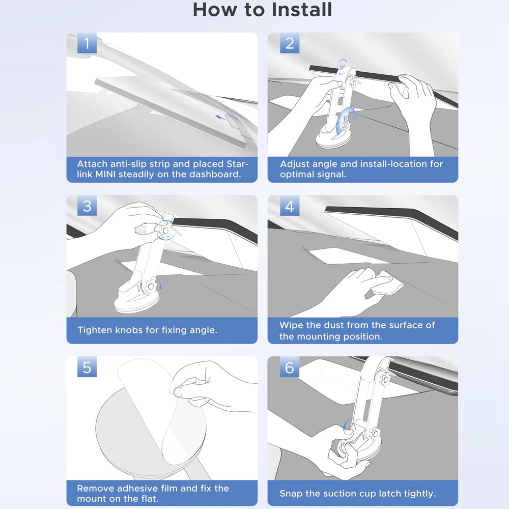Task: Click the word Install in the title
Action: pyautogui.click(x=301, y=9)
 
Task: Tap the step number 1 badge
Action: pyautogui.click(x=87, y=43)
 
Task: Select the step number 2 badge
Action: pyautogui.click(x=290, y=43)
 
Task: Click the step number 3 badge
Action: pyautogui.click(x=87, y=206)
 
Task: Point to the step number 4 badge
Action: pyautogui.click(x=290, y=206)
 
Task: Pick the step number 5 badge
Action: pyautogui.click(x=87, y=367)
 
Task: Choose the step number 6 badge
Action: pyautogui.click(x=290, y=367)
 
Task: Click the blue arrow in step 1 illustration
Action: pyautogui.click(x=222, y=117)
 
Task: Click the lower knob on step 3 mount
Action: pyautogui.click(x=150, y=286)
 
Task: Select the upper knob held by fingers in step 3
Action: pyautogui.click(x=165, y=230)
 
